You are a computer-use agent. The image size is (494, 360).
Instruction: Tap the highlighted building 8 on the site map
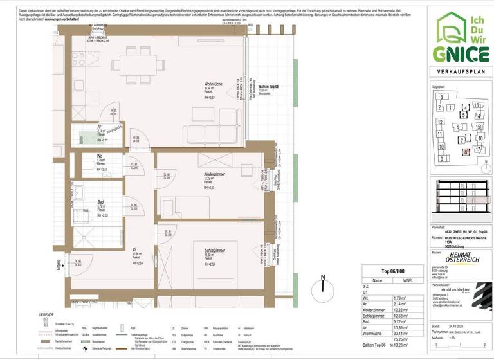coord(464,152)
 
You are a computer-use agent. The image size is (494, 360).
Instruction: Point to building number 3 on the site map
coord(443,97)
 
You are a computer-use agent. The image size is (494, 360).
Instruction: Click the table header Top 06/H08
coord(392,272)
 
